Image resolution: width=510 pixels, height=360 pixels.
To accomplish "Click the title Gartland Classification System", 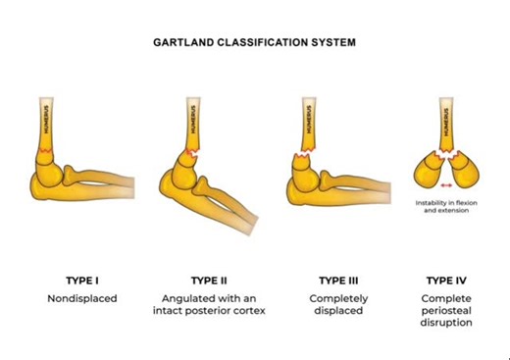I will coord(254,44).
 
